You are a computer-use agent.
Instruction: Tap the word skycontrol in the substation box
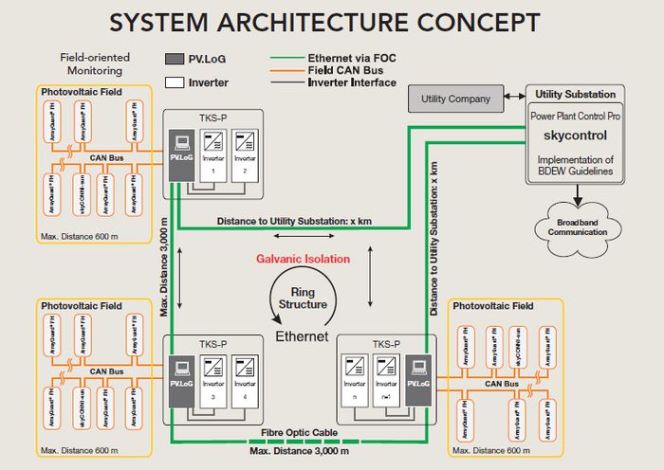[x=576, y=135]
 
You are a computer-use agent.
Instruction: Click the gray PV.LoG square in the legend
[x=175, y=59]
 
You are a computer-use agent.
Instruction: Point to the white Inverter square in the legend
[x=175, y=81]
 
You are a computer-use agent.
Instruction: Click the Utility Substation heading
[x=576, y=95]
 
